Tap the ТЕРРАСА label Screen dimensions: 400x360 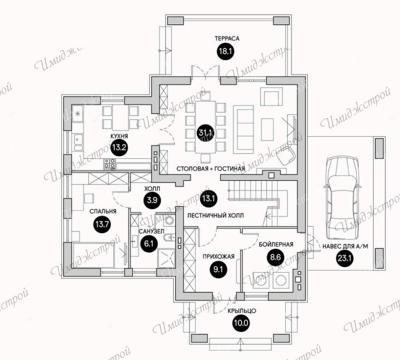(x=227, y=39)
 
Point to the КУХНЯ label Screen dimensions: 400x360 (x=119, y=136)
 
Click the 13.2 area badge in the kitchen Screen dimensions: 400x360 (x=120, y=148)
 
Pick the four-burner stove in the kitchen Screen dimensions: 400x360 (x=110, y=164)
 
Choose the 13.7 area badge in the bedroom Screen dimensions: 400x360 (x=102, y=224)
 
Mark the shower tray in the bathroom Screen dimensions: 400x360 (x=166, y=258)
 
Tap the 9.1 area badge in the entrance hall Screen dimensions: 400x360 (x=218, y=269)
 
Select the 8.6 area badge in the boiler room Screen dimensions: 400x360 (x=276, y=257)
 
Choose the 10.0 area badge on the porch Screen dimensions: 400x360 (x=241, y=323)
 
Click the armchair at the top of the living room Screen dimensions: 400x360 (x=272, y=97)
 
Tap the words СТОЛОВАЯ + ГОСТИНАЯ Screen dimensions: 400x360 (x=211, y=168)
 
